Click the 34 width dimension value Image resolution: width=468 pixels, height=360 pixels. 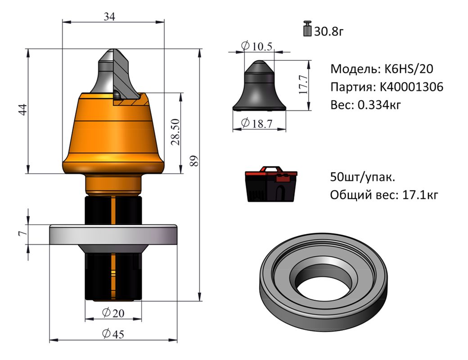coord(109,17)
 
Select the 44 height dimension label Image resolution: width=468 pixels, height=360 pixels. coord(22,109)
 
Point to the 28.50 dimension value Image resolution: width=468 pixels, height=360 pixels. coord(176,132)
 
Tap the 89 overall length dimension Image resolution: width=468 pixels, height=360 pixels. coord(194,161)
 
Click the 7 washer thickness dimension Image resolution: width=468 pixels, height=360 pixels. coord(22,233)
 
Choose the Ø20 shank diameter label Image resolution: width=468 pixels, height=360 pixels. coord(113,313)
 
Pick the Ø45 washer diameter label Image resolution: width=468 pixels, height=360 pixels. coord(113,334)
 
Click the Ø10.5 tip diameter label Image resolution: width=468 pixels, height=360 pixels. coord(256,46)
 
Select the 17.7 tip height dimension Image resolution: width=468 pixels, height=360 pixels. coord(304,85)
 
